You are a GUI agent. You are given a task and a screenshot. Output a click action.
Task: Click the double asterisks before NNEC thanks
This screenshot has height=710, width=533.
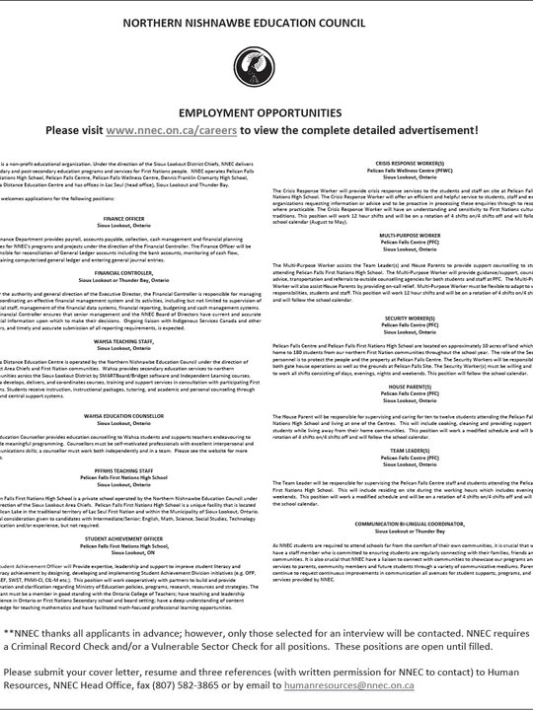[9, 633]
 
